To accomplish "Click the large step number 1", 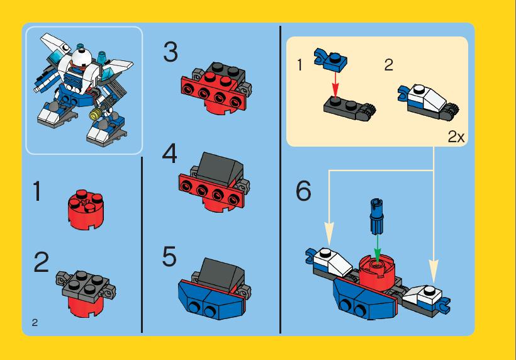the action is click(37, 191).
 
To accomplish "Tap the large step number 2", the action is click(42, 262).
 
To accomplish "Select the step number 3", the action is click(171, 52).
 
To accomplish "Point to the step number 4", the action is click(169, 154).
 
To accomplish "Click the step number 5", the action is click(169, 256).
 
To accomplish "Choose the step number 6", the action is click(303, 191).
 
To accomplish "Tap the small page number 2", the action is click(35, 322).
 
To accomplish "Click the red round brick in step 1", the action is click(86, 210).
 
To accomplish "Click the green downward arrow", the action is click(378, 248).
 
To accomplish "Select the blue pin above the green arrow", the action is click(377, 217).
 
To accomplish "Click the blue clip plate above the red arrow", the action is click(331, 59).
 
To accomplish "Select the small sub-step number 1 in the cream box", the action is click(300, 65).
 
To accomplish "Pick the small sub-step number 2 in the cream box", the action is click(389, 65).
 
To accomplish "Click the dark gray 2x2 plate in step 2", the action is click(86, 285).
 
